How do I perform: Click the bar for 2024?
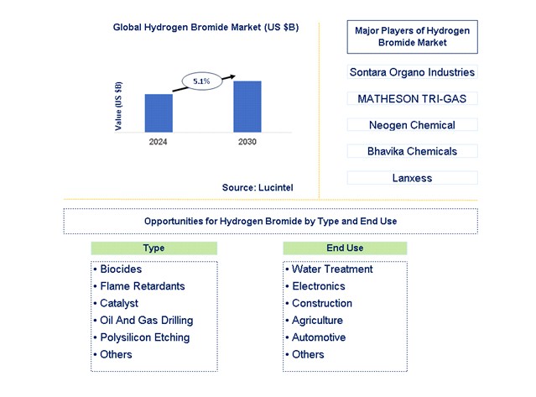159,112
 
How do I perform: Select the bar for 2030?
247,106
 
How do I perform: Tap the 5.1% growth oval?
201,81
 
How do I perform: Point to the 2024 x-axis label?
159,142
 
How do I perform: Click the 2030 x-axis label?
247,142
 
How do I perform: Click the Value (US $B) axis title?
118,106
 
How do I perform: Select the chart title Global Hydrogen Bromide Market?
206,27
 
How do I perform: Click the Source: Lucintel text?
258,186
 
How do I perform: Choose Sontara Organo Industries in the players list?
412,72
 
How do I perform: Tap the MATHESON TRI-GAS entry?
412,98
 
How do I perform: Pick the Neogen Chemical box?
412,125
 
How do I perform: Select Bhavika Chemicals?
412,151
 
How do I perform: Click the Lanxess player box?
412,178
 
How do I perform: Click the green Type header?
154,248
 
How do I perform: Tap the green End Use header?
345,248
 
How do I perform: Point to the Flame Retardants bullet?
142,286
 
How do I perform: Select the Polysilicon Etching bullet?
144,337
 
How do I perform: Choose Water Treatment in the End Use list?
331,269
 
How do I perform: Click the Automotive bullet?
320,337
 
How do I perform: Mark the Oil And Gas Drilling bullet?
146,320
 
